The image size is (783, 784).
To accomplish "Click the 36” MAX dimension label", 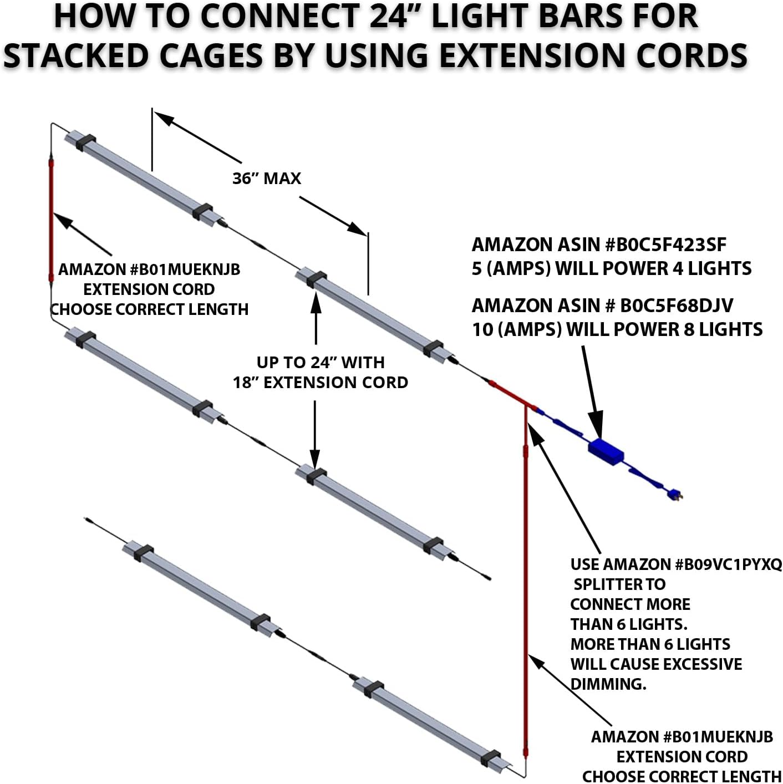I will tap(267, 178).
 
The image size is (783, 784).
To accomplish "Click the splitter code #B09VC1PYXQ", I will tap(728, 564).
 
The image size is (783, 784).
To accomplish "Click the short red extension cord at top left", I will tap(51, 222).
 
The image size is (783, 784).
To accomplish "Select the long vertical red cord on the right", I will tap(526, 582).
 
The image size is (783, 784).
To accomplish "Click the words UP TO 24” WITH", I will tap(320, 363).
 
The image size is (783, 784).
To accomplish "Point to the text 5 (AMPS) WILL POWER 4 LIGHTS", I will tap(611, 269).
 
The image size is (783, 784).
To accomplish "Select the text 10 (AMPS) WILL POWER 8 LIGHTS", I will tap(617, 330).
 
